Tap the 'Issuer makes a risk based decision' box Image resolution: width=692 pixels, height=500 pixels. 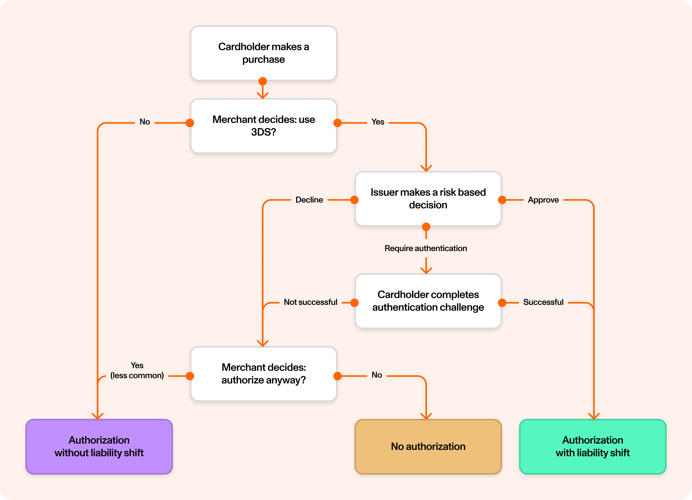428,199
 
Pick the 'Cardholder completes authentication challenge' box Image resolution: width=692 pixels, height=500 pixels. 428,301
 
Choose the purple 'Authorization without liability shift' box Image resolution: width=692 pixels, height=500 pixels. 99,446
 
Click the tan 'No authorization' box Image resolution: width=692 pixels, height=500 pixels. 428,446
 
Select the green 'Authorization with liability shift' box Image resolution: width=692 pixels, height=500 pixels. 592,446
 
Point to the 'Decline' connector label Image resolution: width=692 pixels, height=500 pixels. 309,200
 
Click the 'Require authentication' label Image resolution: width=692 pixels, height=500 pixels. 426,248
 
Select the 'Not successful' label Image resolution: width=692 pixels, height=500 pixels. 310,302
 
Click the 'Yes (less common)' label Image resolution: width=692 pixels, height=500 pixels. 137,370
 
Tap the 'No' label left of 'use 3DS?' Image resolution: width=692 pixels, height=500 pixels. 145,122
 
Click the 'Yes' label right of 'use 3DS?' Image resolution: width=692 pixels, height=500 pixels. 377,122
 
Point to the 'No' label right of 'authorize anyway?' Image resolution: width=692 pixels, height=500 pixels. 377,375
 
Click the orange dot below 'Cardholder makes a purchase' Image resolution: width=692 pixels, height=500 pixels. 262,81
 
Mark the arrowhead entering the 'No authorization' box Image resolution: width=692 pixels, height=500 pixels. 426,416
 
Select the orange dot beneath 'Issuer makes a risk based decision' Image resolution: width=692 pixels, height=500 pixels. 426,227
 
